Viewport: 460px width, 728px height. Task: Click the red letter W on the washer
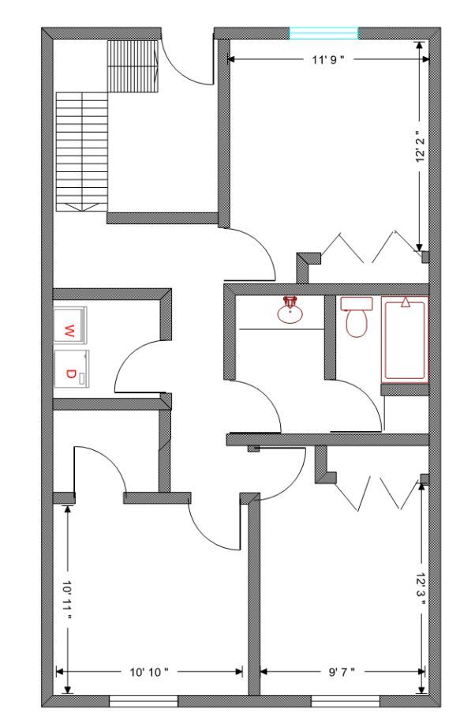pyautogui.click(x=68, y=332)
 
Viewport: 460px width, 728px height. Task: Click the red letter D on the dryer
pyautogui.click(x=69, y=373)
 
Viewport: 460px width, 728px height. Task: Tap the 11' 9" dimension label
pyautogui.click(x=328, y=59)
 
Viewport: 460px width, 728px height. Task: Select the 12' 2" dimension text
pyautogui.click(x=421, y=147)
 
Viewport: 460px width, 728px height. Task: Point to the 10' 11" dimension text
pyautogui.click(x=68, y=599)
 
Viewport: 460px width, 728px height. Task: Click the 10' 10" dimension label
pyautogui.click(x=149, y=672)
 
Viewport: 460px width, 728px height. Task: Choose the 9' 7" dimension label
pyautogui.click(x=342, y=672)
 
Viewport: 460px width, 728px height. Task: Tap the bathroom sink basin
pyautogui.click(x=290, y=313)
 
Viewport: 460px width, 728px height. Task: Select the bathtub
pyautogui.click(x=404, y=340)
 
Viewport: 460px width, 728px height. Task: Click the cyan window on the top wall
pyautogui.click(x=324, y=33)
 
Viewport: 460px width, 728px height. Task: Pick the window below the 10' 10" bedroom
pyautogui.click(x=144, y=701)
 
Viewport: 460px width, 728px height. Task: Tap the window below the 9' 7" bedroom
pyautogui.click(x=346, y=701)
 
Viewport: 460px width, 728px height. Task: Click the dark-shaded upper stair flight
pyautogui.click(x=133, y=66)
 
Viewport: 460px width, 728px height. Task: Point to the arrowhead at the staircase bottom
pyautogui.click(x=82, y=207)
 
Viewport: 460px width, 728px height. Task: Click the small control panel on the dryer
pyautogui.click(x=82, y=378)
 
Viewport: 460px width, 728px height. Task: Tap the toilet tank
pyautogui.click(x=357, y=304)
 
